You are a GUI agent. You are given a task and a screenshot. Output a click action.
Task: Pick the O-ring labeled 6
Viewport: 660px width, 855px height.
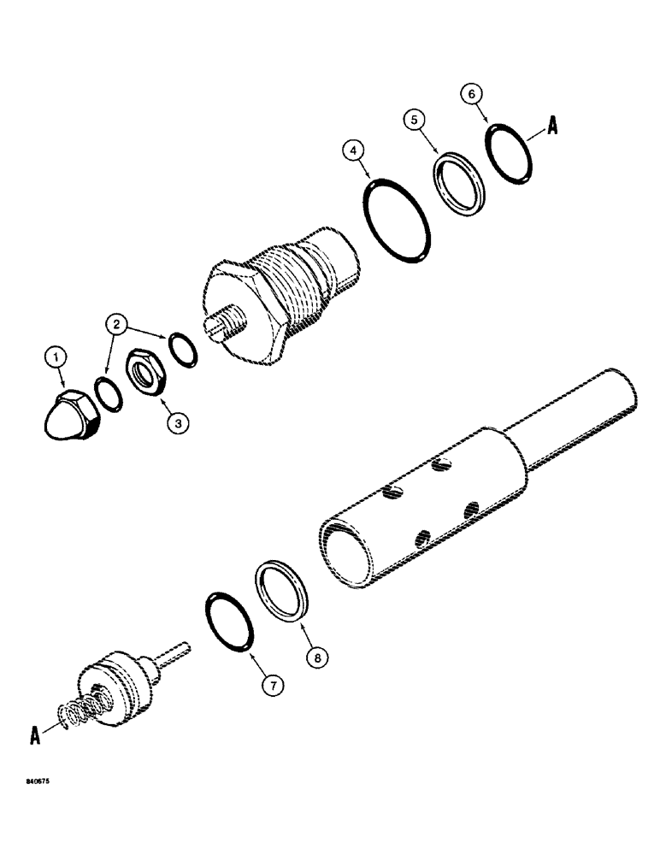tap(512, 155)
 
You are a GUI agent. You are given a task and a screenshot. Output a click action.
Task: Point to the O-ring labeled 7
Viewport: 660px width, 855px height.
tap(231, 622)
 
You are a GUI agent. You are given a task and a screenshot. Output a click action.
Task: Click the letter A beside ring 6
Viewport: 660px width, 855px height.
tap(553, 128)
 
